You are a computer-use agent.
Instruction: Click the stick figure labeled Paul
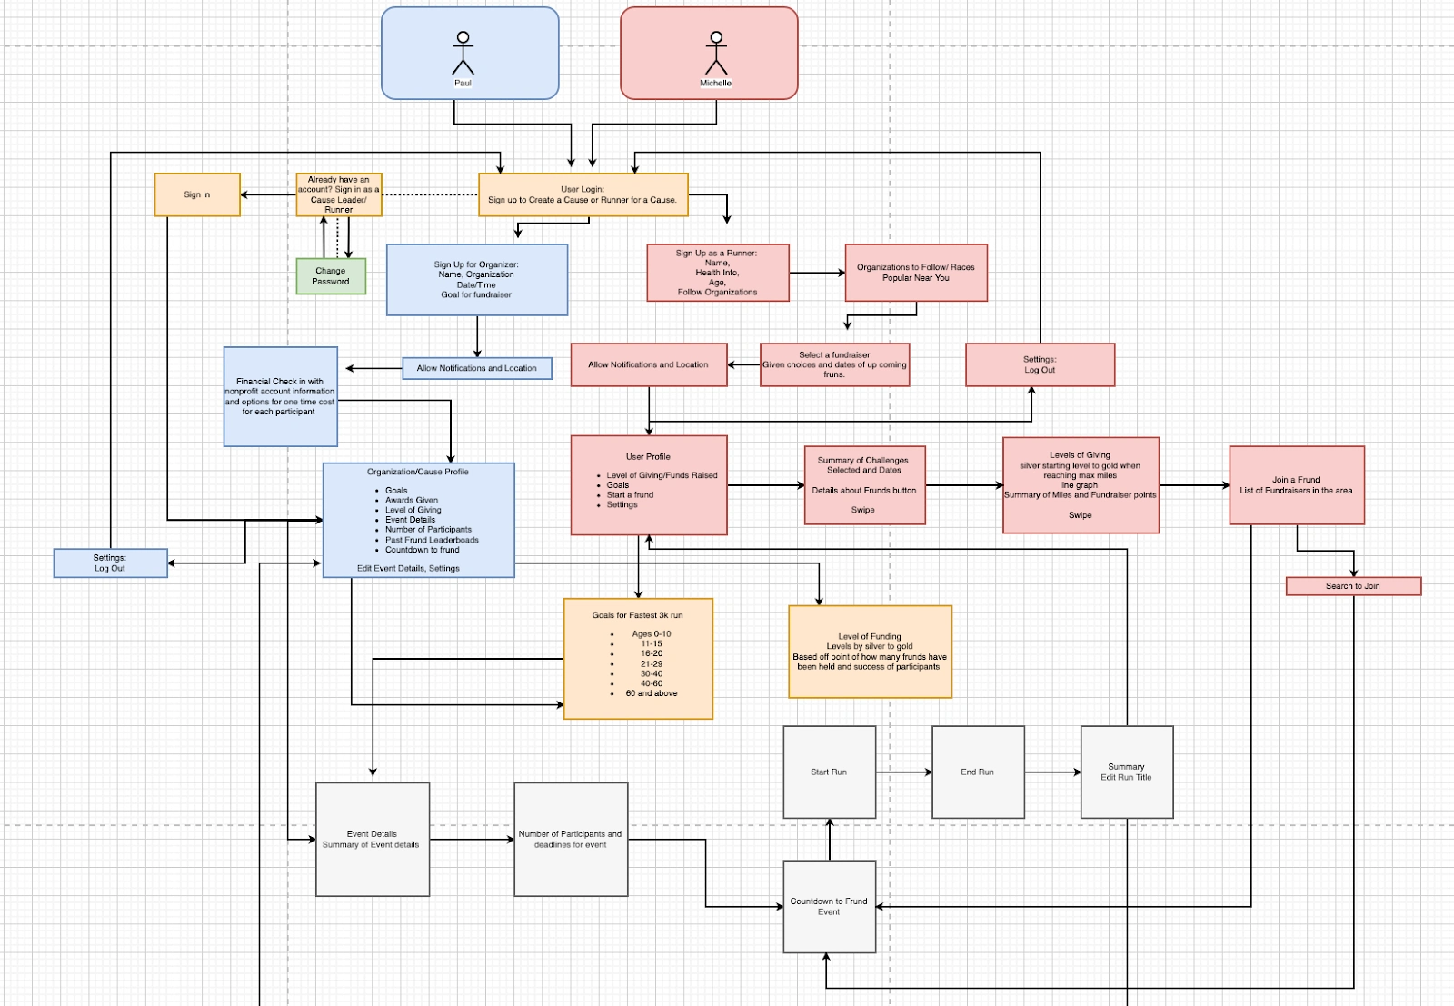463,54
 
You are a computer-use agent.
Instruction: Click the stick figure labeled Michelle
716,54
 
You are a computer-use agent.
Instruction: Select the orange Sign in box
197,194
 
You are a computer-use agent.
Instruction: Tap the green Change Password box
331,276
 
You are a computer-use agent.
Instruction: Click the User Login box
583,194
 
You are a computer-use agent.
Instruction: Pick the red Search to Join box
1353,586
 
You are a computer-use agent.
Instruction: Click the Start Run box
829,772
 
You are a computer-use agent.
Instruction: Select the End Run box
978,772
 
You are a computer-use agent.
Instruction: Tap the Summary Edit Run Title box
1127,772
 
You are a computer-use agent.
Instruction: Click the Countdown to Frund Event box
829,907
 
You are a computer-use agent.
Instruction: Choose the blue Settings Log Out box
110,563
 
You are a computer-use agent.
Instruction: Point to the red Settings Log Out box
1040,364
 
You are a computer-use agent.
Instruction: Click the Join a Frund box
1297,485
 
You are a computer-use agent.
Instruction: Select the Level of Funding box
870,652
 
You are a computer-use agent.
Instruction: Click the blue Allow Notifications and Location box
477,368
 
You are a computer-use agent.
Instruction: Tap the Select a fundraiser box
834,364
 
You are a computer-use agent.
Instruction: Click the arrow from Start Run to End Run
904,772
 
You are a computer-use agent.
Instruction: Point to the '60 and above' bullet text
652,693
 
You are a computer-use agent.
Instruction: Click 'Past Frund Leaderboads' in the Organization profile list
432,540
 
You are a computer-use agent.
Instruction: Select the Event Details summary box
372,839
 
